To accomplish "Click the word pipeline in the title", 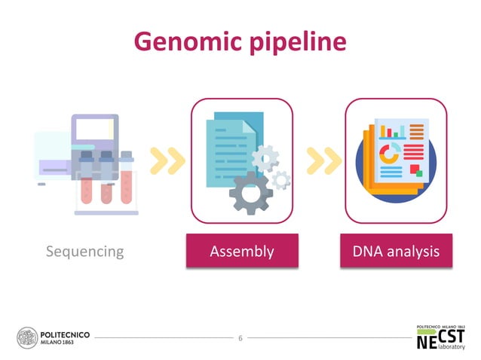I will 300,42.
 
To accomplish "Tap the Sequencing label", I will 84,251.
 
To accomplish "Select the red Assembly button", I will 241,251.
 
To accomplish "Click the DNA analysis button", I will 396,251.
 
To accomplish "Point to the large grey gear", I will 250,194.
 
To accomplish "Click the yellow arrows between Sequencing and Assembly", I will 167,160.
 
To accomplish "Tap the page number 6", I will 240,338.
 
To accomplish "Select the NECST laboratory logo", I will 441,337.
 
